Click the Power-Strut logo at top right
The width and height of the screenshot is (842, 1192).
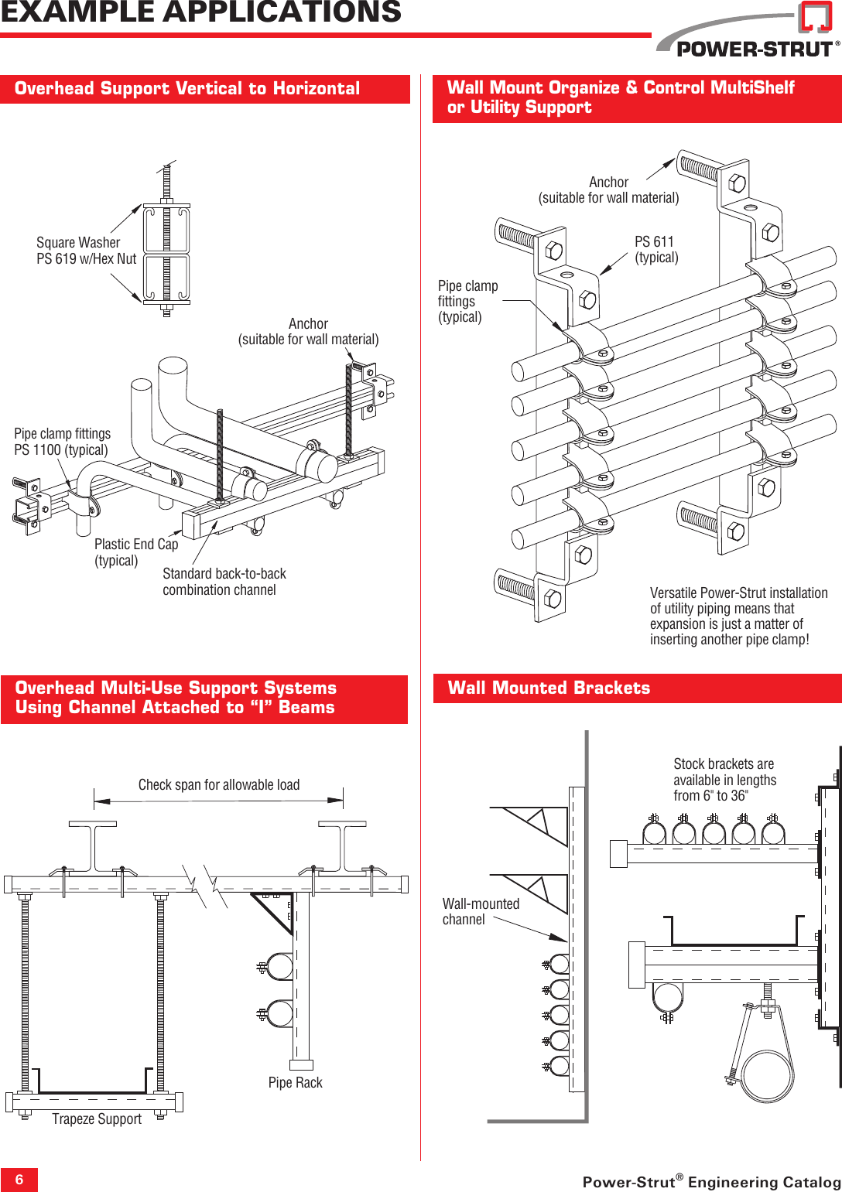click(748, 35)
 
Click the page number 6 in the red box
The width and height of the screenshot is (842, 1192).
click(19, 1180)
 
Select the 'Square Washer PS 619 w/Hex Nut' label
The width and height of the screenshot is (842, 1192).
click(86, 251)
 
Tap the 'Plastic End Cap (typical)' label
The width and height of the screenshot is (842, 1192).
click(135, 552)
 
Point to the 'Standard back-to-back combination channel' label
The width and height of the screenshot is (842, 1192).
click(224, 582)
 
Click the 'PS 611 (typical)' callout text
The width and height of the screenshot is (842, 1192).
click(655, 250)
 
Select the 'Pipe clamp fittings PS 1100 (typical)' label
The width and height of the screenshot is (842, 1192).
click(62, 442)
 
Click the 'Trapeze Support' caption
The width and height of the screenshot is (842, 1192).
click(97, 1119)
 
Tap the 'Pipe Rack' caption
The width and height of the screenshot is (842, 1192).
click(295, 1083)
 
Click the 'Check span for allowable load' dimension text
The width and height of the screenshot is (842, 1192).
click(218, 785)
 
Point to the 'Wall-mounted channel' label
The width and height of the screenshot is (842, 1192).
click(480, 911)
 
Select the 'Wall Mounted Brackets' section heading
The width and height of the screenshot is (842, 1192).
click(549, 688)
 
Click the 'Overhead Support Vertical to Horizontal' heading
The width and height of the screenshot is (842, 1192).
click(187, 89)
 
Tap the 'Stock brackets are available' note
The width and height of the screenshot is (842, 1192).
click(724, 780)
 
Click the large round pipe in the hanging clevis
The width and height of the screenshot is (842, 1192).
click(765, 1076)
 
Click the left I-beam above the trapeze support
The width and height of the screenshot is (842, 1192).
click(93, 847)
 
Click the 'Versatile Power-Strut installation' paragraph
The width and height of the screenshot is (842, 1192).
click(738, 616)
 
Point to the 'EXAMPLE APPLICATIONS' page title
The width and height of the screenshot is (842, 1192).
click(201, 12)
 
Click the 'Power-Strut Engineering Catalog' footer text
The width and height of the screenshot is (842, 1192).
click(711, 1181)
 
